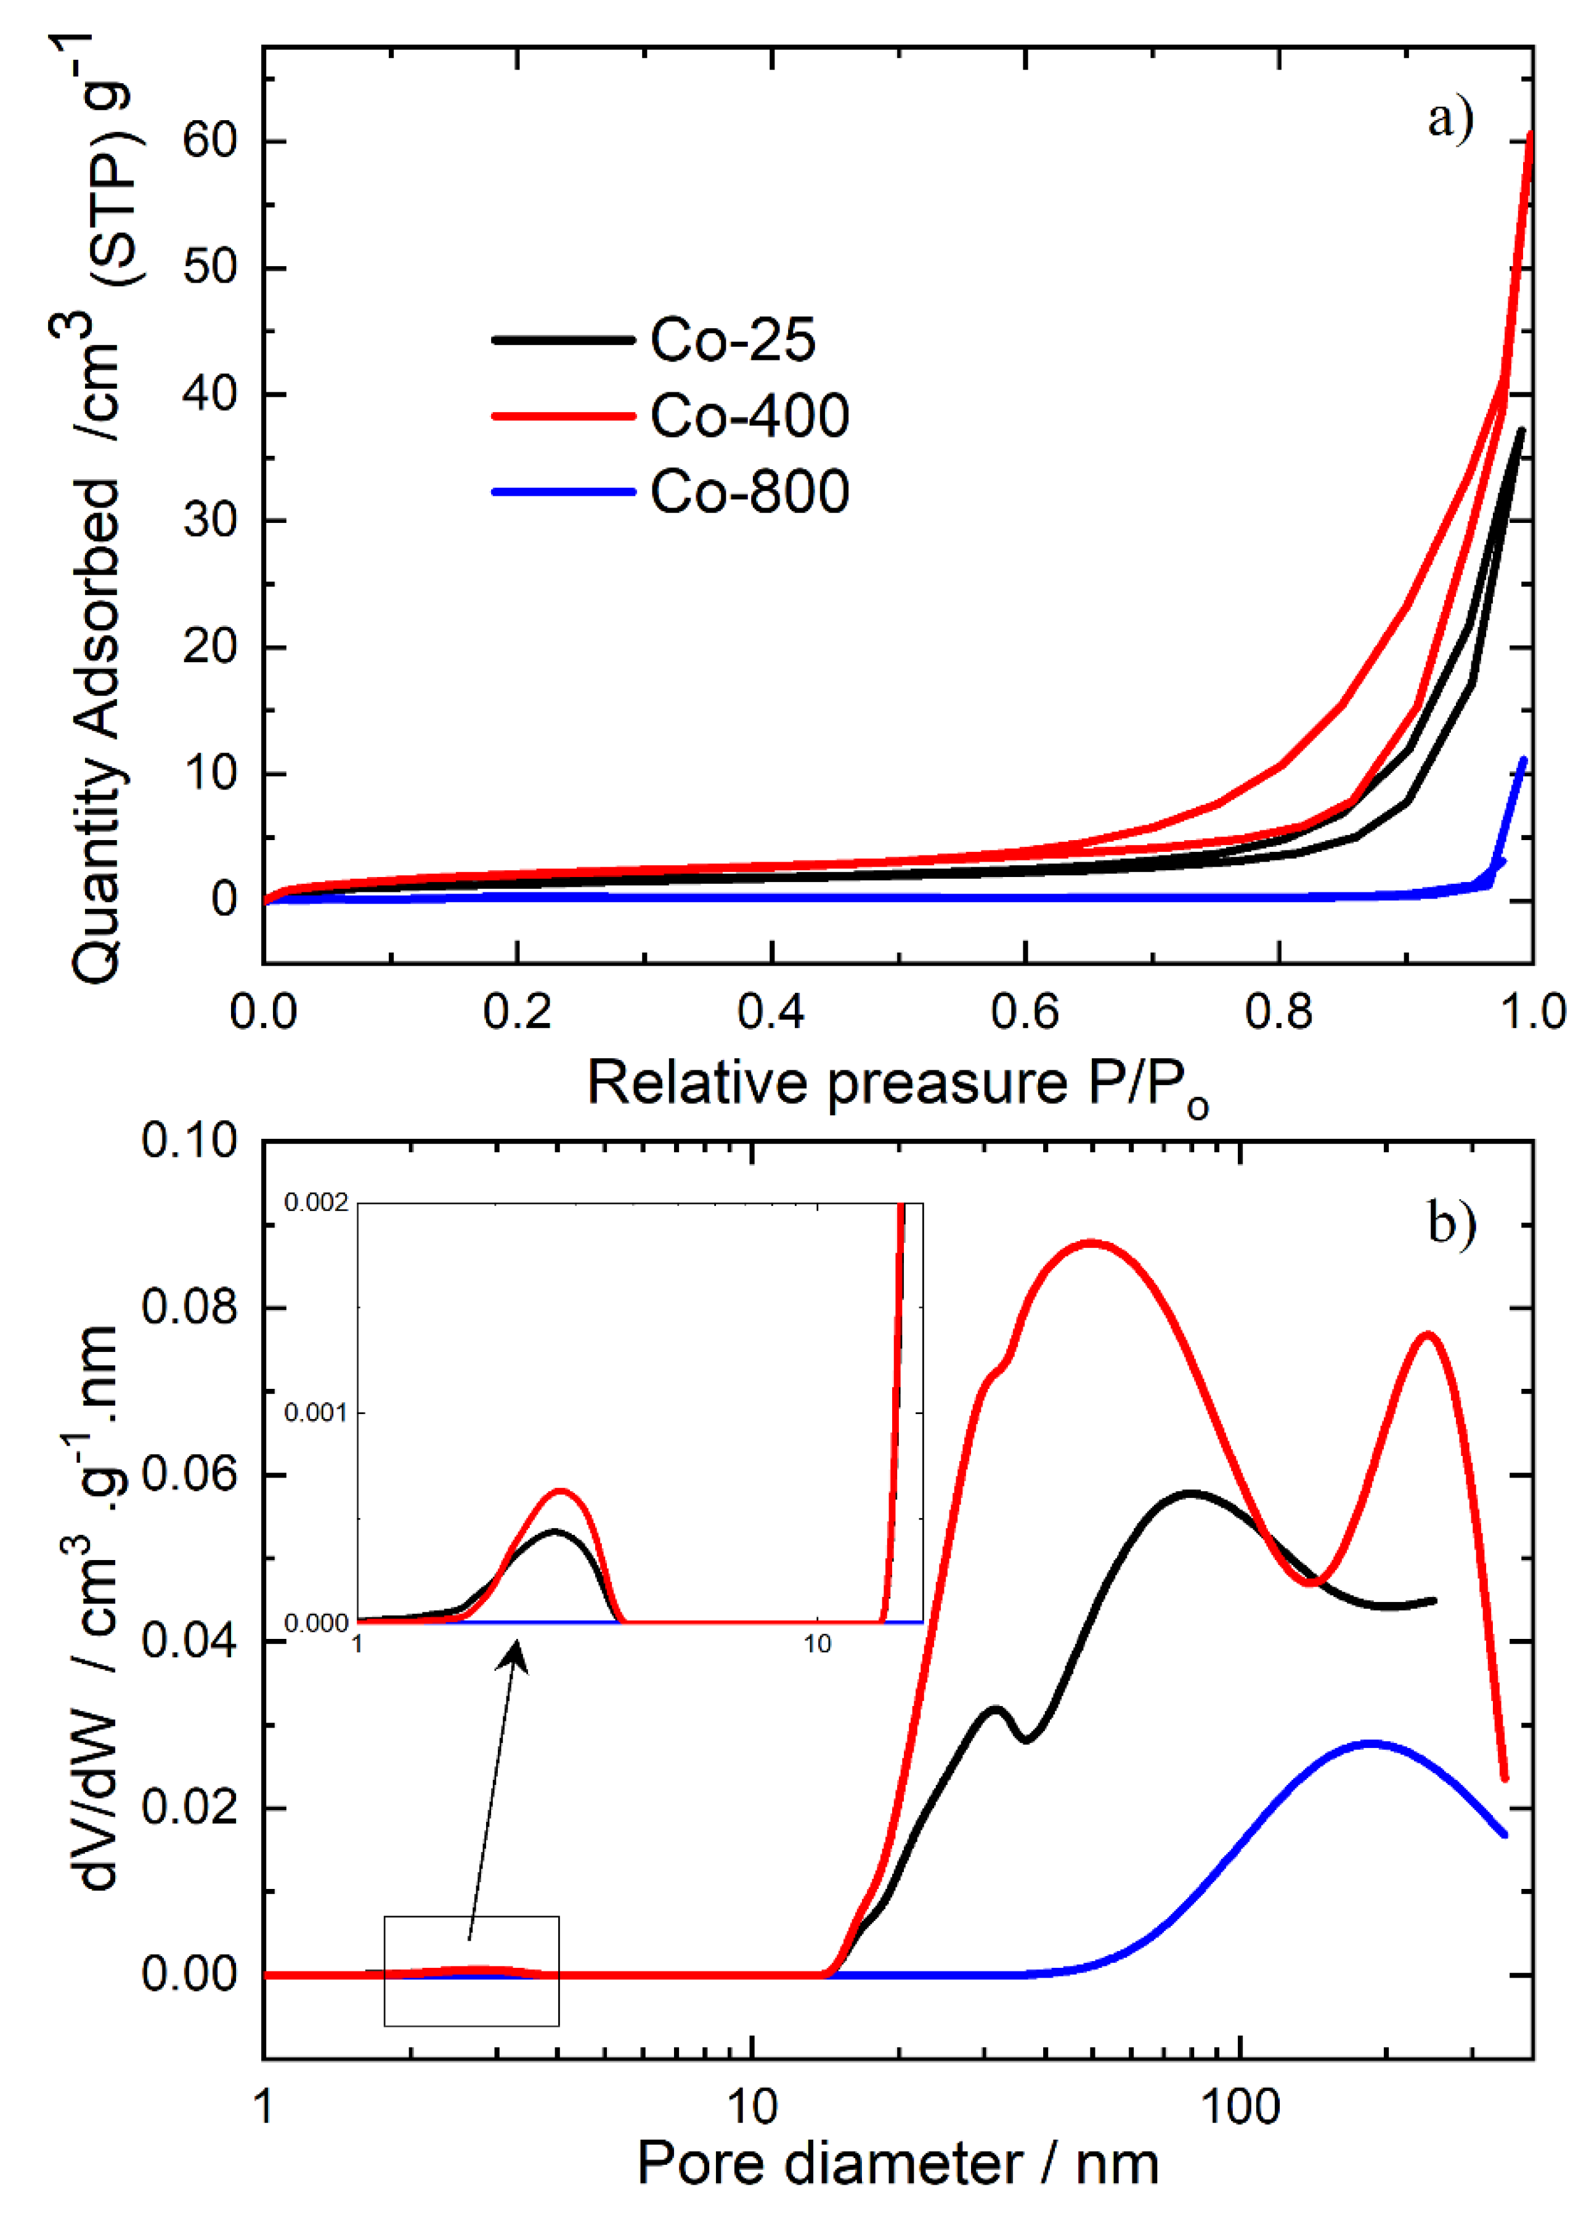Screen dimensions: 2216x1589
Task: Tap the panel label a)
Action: point(1450,119)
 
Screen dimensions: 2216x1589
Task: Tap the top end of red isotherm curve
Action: point(1529,135)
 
